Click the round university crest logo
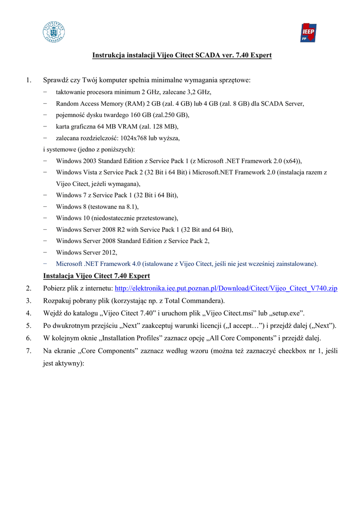(x=54, y=32)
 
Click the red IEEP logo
(x=308, y=32)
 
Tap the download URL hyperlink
(x=226, y=288)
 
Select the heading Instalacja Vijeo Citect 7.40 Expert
(x=97, y=276)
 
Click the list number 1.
(x=29, y=80)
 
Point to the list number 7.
(x=29, y=351)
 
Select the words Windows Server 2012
(x=86, y=253)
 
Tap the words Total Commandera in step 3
(x=199, y=301)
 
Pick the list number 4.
(x=29, y=313)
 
